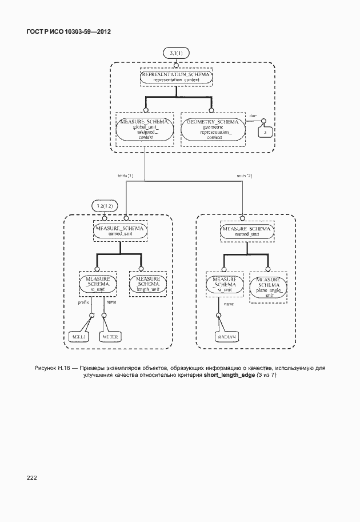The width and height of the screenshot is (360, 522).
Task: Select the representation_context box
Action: coord(177,77)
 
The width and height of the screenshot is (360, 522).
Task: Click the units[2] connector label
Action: coord(244,176)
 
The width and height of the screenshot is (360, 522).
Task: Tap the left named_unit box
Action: coord(120,230)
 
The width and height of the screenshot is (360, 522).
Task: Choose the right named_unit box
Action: coord(247,230)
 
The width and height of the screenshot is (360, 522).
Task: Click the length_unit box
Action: coord(147,283)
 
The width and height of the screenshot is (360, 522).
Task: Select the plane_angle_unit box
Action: coord(268,284)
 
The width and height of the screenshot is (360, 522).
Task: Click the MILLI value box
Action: coord(77,337)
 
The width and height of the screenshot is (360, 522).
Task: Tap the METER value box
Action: coord(109,337)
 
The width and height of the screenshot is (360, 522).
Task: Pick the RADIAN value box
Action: coord(226,337)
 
